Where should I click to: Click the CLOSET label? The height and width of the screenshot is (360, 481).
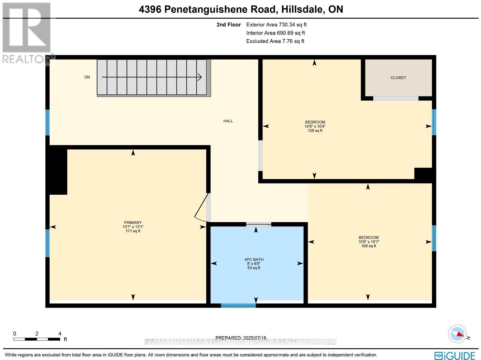pos(398,78)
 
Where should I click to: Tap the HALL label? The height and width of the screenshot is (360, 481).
pos(228,121)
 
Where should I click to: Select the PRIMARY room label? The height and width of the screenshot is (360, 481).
pos(133,223)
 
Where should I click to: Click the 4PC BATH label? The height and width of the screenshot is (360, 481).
pos(254,259)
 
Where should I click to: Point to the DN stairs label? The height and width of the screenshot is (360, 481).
pos(87,77)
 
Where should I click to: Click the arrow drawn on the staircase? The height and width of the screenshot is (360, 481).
pos(152,77)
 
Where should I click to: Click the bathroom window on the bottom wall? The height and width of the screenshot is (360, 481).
pos(238,306)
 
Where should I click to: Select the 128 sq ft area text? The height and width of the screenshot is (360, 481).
pos(315,131)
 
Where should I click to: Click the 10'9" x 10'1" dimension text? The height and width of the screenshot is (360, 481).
pos(369,242)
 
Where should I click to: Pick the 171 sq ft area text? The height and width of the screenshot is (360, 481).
pos(133,231)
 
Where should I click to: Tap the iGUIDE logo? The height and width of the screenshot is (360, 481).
pos(455,355)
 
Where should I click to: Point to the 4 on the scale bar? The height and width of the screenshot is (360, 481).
pos(60,334)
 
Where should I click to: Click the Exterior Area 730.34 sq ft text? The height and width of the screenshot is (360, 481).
pos(276,25)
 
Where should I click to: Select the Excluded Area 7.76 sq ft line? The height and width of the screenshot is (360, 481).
pos(275,41)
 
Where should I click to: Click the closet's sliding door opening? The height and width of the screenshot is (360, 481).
pos(396,98)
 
